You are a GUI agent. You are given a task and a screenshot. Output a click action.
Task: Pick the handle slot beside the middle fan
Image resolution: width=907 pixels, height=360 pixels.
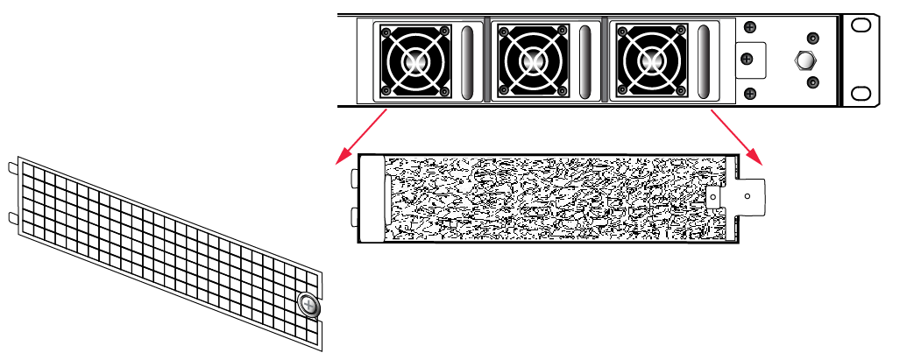click(585, 61)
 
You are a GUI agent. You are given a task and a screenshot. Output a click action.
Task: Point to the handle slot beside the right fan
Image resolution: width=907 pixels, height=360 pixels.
click(705, 61)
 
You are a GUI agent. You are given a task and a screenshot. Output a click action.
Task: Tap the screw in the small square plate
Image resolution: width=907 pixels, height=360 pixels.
click(747, 59)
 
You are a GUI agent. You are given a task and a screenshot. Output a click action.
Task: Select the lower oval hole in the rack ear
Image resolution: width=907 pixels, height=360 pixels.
click(861, 93)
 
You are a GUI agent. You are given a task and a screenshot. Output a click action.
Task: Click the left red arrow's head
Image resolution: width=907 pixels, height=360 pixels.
click(339, 160)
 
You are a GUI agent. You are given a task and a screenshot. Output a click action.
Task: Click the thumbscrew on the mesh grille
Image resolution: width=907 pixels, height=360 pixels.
click(308, 305)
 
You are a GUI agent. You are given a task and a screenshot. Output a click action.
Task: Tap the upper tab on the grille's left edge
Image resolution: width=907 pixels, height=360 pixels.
click(11, 166)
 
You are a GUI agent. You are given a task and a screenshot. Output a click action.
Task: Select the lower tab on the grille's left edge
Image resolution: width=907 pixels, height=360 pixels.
click(11, 215)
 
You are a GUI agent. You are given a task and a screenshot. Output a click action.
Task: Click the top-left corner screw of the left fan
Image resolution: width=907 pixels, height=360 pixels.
click(383, 31)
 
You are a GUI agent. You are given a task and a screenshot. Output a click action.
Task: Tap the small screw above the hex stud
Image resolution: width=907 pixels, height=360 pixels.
click(812, 39)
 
